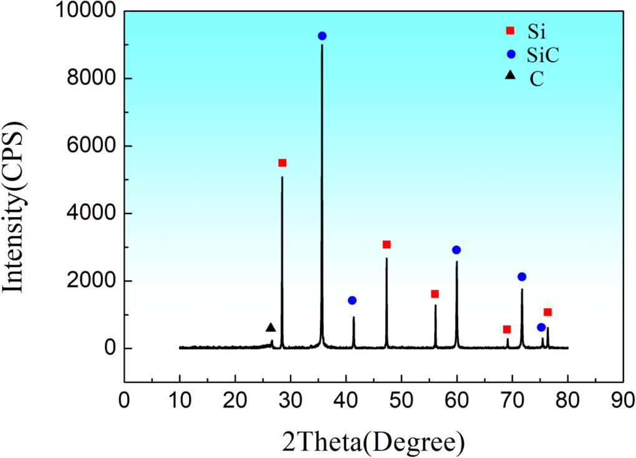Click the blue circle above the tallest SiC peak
click(x=322, y=36)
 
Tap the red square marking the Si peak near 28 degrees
click(x=282, y=163)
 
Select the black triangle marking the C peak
click(x=271, y=328)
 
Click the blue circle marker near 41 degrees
click(x=352, y=300)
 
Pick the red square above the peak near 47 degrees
click(x=387, y=245)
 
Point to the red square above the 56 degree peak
click(x=435, y=294)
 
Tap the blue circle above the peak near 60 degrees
click(x=456, y=250)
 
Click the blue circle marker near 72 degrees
click(x=522, y=276)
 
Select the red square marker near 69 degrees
click(x=507, y=329)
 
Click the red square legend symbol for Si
click(x=510, y=31)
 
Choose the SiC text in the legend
click(x=542, y=55)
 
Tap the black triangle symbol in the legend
click(x=510, y=76)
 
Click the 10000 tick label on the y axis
click(x=88, y=11)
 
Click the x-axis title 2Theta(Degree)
click(x=373, y=441)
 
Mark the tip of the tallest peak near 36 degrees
click(x=322, y=46)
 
